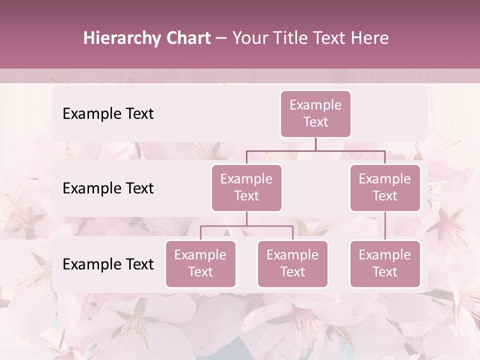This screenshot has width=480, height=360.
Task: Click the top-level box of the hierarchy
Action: [x=315, y=113]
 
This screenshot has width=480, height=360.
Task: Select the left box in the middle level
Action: [x=246, y=187]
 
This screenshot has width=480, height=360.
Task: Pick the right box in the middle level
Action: [x=385, y=187]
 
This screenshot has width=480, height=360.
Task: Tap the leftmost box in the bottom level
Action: [x=200, y=263]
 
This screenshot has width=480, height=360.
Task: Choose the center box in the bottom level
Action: [x=292, y=263]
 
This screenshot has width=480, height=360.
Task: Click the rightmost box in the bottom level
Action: [x=385, y=263]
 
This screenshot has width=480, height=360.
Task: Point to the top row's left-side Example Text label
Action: [x=108, y=114]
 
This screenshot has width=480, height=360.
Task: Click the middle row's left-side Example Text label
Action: [x=108, y=188]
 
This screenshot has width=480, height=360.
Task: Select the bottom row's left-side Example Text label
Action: [x=108, y=264]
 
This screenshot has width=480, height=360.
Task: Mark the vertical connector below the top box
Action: [x=315, y=144]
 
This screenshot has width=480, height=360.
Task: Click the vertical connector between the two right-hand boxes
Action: [x=385, y=226]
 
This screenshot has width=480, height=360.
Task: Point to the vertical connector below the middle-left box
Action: [x=246, y=218]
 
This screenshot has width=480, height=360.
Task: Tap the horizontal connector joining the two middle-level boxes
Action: [x=315, y=150]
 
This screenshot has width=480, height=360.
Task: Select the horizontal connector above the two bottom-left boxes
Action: [x=246, y=226]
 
